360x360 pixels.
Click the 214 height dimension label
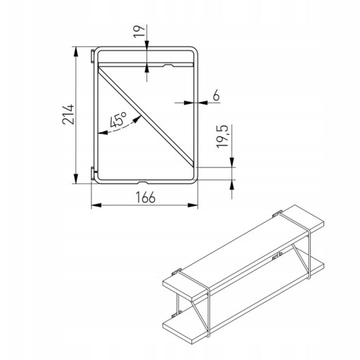point(68,115)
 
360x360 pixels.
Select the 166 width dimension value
point(146,198)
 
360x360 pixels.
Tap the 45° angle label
point(118,120)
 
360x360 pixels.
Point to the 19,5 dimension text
point(222,136)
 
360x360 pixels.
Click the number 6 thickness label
point(216,96)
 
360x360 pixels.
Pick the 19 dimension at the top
point(139,31)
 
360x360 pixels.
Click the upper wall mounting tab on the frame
point(93,56)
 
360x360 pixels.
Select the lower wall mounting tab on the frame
point(93,174)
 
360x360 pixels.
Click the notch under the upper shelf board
point(169,65)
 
